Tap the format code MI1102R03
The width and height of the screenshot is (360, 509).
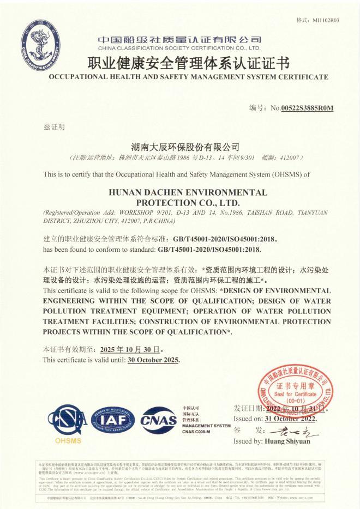325,21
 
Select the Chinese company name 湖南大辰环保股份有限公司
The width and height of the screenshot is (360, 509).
186,147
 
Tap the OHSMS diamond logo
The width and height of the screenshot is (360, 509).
68,422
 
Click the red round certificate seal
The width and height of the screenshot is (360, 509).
296,391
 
